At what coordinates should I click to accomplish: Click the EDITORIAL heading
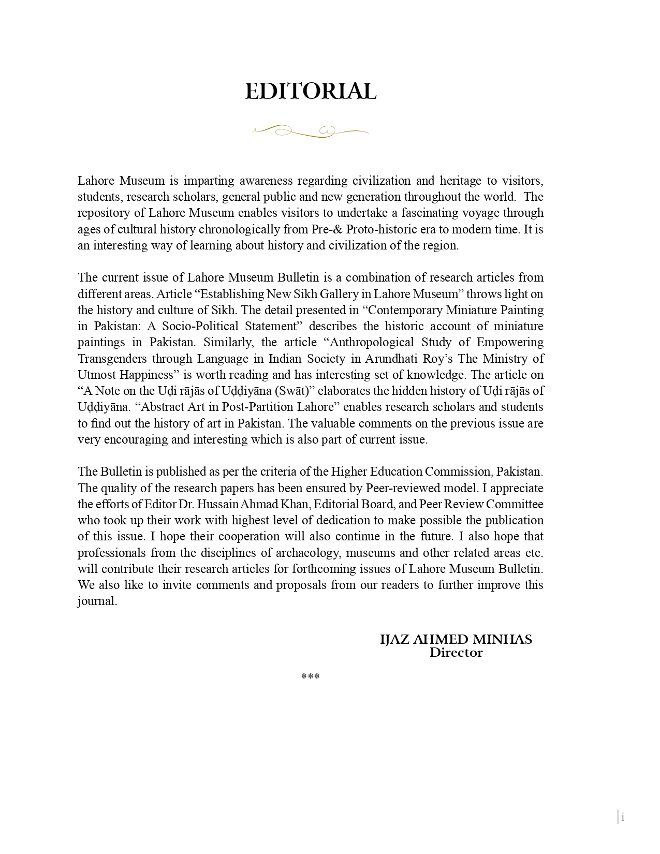coord(311,92)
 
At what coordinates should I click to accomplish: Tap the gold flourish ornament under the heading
coord(311,131)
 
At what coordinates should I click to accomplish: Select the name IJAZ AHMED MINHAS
coord(456,640)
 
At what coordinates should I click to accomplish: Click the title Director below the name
coord(456,653)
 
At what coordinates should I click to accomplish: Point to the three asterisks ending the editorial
coord(310,677)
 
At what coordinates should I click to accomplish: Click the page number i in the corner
coord(623,817)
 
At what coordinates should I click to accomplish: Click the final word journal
coord(97,601)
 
